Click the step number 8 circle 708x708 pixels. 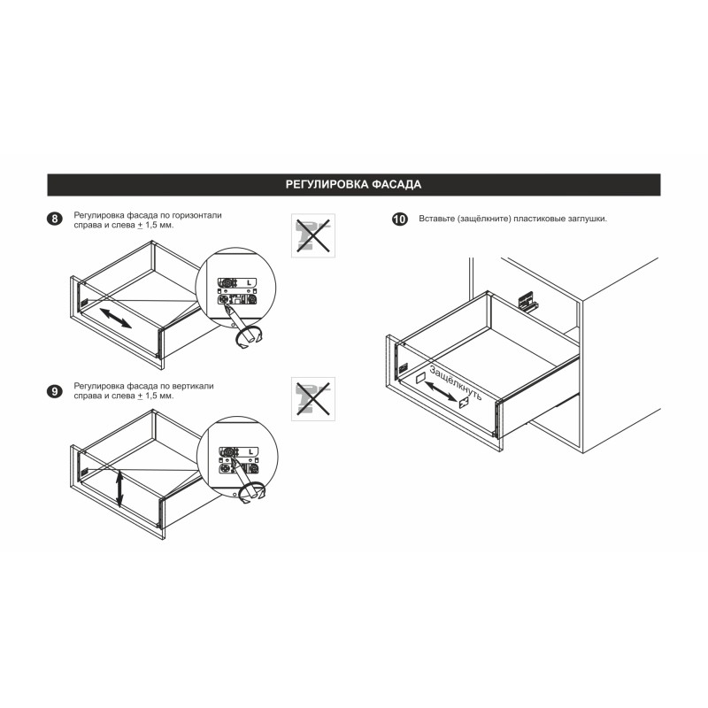pos(55,219)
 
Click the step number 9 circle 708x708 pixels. pos(55,391)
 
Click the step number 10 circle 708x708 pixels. pos(400,219)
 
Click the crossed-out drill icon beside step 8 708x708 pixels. pos(313,235)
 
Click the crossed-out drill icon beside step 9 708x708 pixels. pos(313,399)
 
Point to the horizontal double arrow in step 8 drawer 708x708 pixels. pos(116,318)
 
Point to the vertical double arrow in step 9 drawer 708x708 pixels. pos(119,489)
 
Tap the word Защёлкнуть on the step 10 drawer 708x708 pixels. pos(456,383)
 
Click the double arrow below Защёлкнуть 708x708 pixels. pos(441,391)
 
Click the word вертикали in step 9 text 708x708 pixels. pos(193,386)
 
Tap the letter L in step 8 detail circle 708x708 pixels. pos(249,282)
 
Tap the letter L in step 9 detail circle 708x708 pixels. pos(250,451)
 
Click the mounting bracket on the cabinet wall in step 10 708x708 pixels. pos(527,300)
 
